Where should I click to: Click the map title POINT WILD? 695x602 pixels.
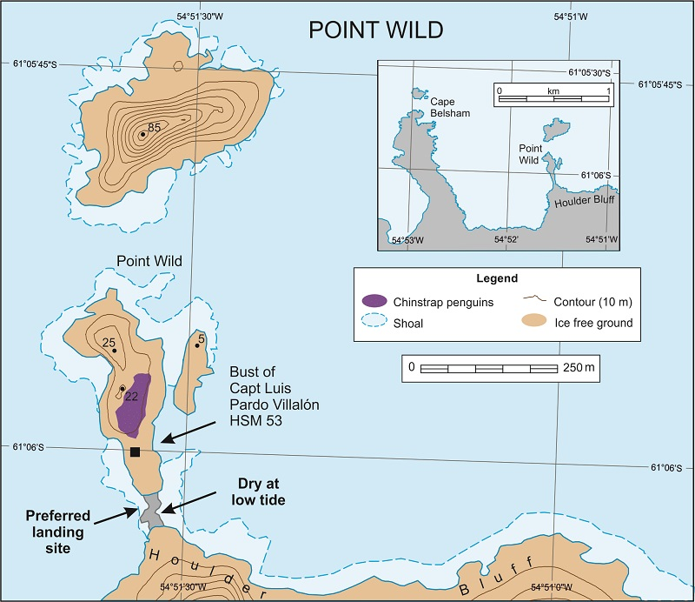(x=376, y=30)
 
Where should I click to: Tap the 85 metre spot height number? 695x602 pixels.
(x=155, y=128)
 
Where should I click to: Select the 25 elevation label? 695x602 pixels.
(x=109, y=342)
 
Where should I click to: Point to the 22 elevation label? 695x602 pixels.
(x=132, y=398)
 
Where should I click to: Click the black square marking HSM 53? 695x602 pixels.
(x=135, y=451)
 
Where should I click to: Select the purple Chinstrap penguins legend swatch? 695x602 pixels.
(x=374, y=300)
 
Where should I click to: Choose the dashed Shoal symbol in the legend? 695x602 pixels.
(x=374, y=324)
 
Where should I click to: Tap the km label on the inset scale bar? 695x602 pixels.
(x=553, y=90)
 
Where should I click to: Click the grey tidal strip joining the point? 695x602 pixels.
(x=150, y=510)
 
